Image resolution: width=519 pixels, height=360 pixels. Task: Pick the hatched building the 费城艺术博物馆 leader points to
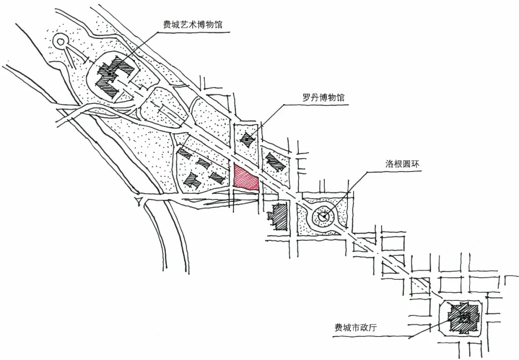[115, 74]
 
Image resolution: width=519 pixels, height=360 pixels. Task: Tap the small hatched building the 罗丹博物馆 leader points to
[248, 139]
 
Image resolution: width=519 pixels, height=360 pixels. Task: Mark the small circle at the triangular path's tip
[61, 42]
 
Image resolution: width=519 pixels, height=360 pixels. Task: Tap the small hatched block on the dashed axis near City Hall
[421, 284]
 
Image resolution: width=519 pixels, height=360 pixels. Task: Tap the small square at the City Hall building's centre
[464, 317]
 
